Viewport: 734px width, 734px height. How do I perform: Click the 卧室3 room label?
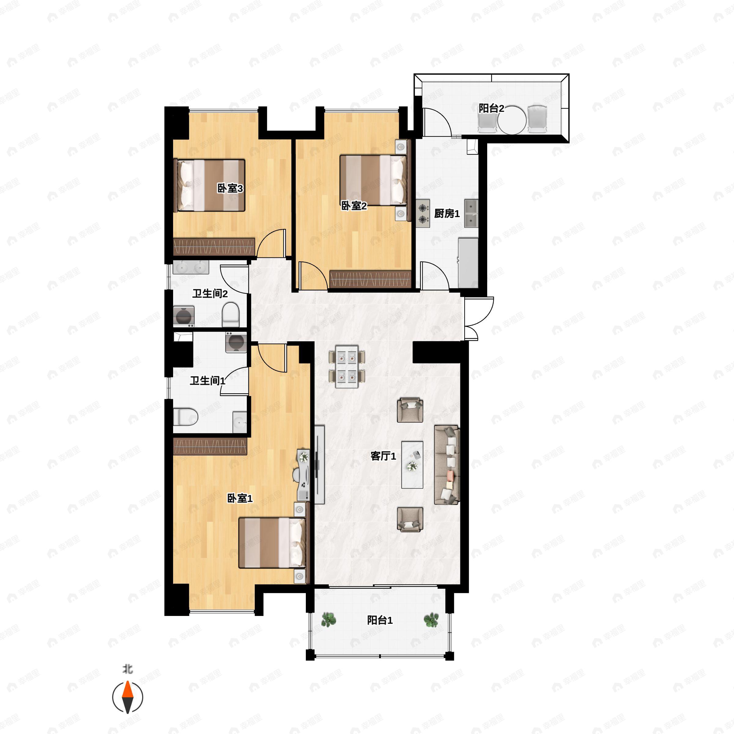coord(230,188)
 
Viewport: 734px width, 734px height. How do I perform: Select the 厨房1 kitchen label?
coord(447,213)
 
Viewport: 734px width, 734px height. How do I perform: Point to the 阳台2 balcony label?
coord(491,108)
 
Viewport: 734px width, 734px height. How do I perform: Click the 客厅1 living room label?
coord(383,456)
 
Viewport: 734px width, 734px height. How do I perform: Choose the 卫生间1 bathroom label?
coord(207,381)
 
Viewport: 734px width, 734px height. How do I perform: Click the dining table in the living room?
coord(347,366)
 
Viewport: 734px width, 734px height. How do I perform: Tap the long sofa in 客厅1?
coord(447,465)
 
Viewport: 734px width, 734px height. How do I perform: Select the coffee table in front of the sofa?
coord(412,465)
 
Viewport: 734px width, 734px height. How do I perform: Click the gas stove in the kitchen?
coord(422,213)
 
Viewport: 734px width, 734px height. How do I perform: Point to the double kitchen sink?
coord(471,213)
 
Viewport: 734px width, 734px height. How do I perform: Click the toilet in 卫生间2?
coord(230,314)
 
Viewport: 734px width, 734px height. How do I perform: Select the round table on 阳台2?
coord(512,120)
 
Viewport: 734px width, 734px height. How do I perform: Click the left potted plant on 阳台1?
coord(328,619)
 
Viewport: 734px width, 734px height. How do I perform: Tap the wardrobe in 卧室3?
coord(214,247)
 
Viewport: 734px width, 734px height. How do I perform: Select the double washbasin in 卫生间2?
coord(191,268)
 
